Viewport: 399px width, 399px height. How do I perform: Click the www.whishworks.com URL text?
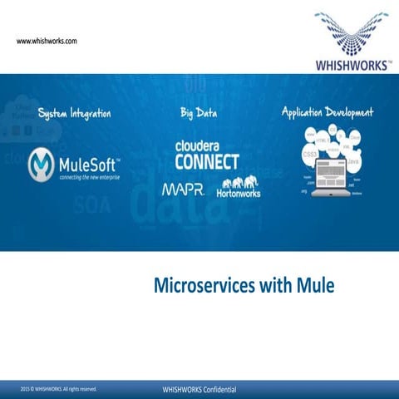pos(47,41)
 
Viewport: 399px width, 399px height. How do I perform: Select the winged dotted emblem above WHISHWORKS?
pos(352,32)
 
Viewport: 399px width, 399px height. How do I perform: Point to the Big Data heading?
pos(199,112)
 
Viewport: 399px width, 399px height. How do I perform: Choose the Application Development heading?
pos(328,112)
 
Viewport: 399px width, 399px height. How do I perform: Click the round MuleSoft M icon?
pos(42,164)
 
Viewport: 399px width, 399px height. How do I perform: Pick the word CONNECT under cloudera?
pos(206,161)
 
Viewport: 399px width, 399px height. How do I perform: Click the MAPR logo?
pos(185,190)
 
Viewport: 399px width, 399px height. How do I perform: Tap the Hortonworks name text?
pos(239,194)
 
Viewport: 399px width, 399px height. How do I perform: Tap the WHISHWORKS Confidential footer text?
pos(200,389)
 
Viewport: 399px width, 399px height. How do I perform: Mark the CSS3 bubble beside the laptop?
pos(310,155)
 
